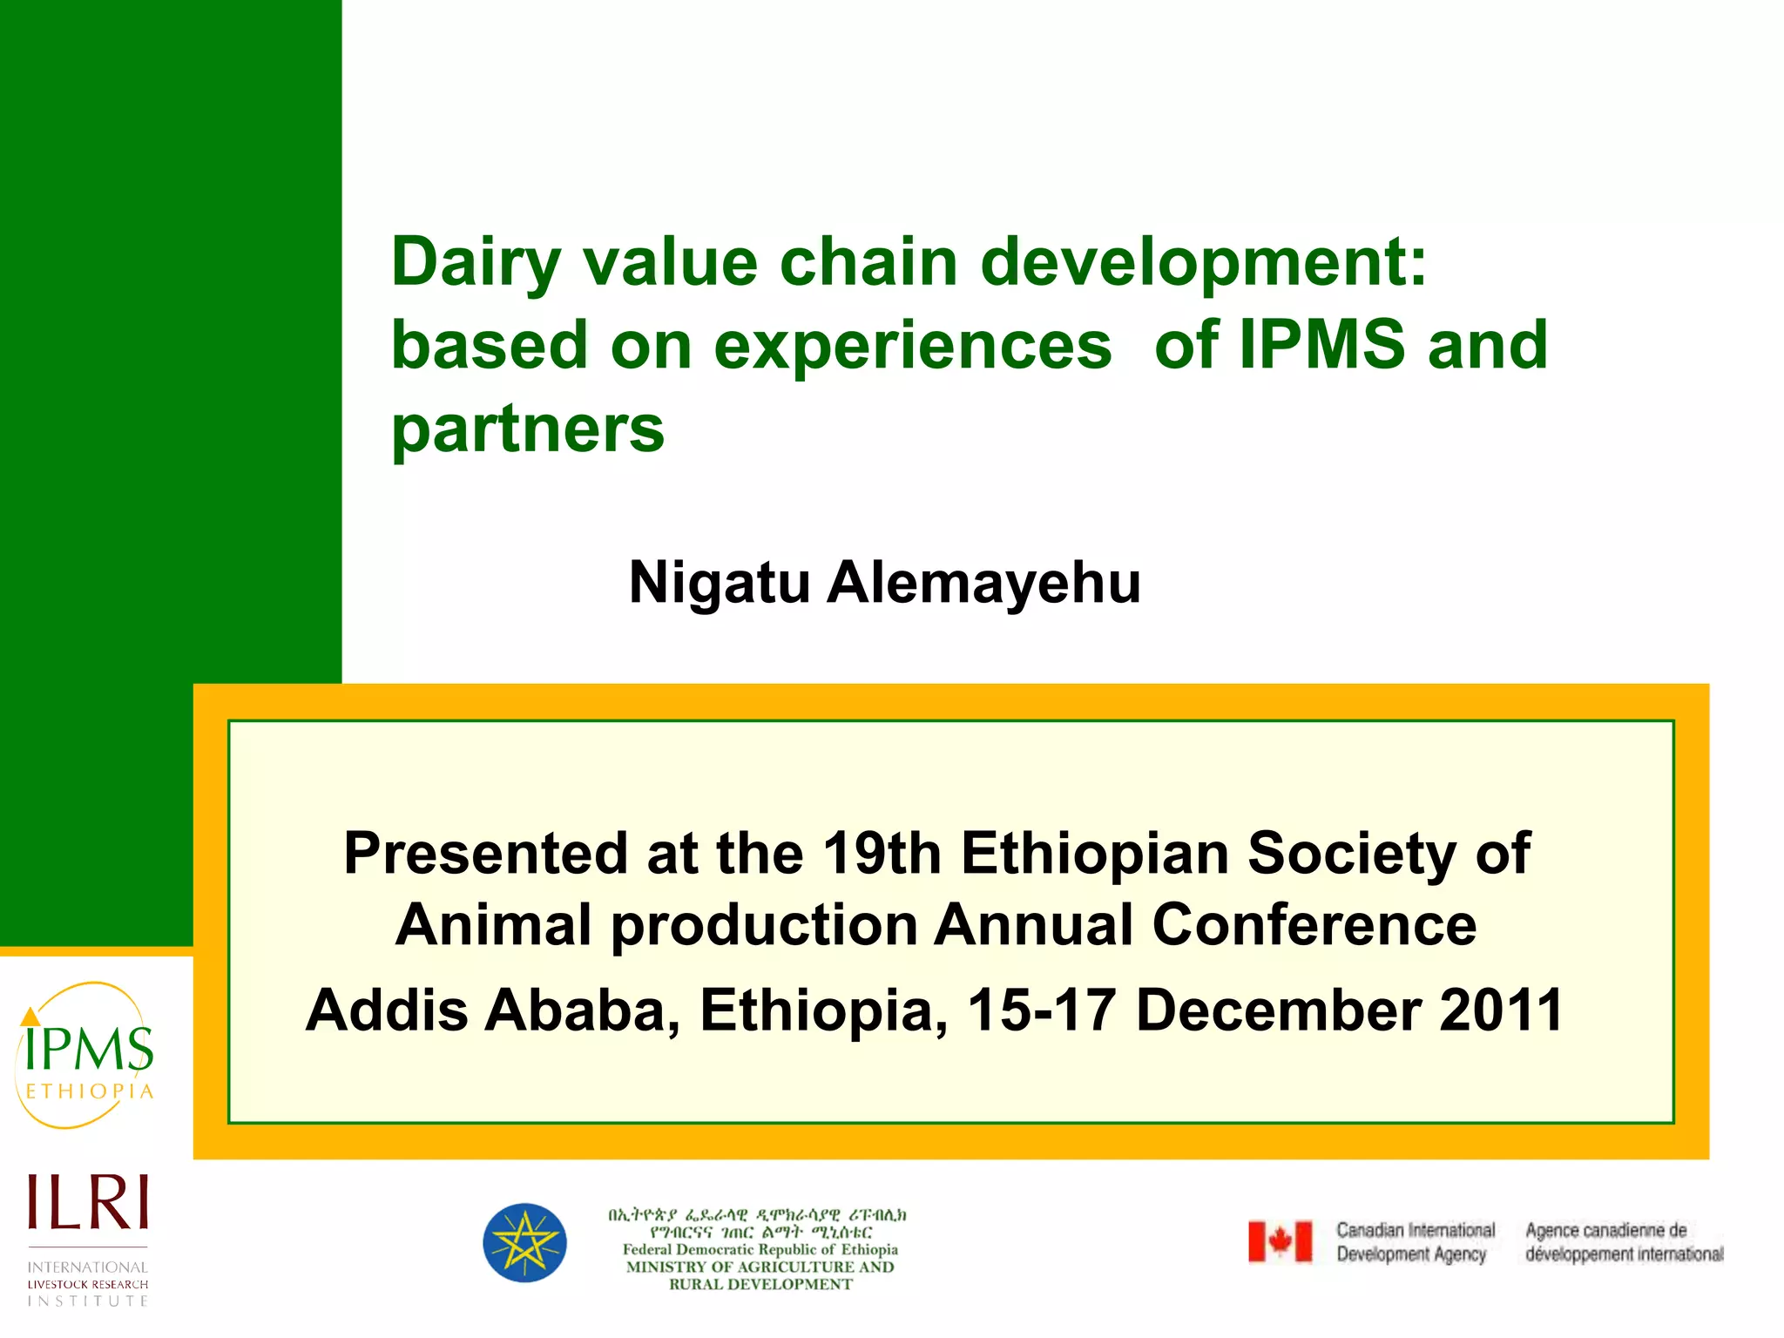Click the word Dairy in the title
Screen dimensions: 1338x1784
pos(476,263)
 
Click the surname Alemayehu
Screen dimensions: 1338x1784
pos(983,582)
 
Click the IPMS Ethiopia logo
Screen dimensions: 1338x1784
pos(85,1056)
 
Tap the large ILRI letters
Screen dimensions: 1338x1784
pos(88,1202)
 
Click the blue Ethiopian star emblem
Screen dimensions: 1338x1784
pos(524,1243)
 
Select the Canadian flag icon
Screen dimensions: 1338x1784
pos(1280,1241)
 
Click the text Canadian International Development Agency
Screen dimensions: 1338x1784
pos(1415,1242)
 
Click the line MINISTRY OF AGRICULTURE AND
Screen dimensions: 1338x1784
pos(760,1267)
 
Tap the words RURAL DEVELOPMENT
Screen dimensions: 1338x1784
pos(760,1284)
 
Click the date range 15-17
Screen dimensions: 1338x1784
pos(1042,1010)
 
